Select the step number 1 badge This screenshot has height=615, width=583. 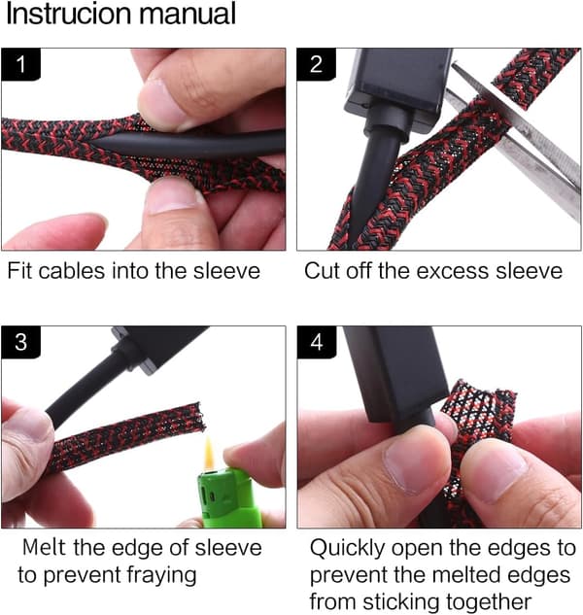20,64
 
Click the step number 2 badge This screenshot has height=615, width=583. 316,64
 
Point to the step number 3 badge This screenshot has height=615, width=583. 20,342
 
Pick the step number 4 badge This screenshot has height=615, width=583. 316,342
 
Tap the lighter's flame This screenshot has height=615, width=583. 209,453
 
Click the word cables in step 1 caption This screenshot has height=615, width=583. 72,271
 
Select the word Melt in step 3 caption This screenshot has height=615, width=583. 45,548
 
